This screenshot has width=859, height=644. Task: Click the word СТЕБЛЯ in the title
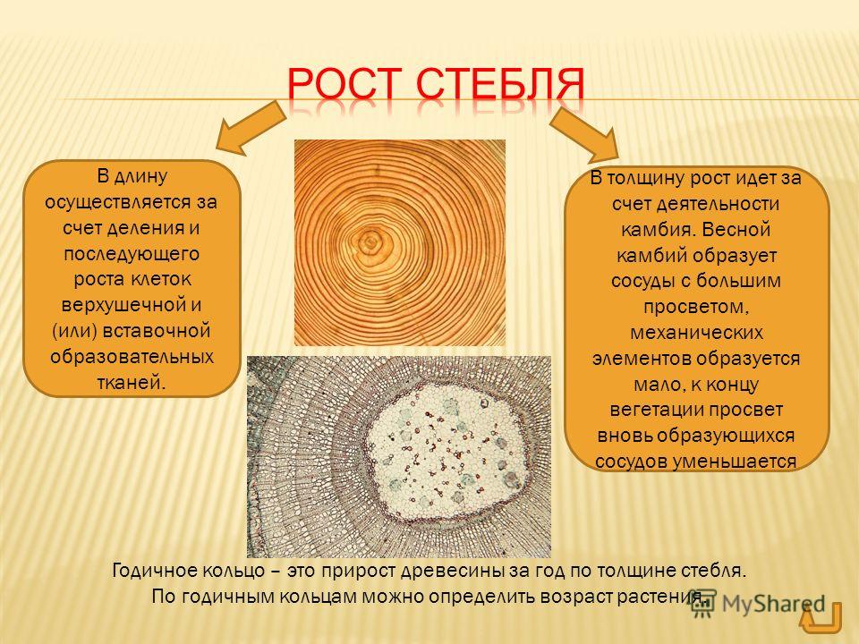pos(499,86)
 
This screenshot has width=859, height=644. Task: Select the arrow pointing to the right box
pos(584,135)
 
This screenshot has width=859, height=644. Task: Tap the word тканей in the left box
pos(131,382)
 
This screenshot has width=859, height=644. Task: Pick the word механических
pos(696,333)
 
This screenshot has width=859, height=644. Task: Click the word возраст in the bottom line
pos(575,597)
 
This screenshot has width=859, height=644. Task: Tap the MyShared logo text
pos(773,605)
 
